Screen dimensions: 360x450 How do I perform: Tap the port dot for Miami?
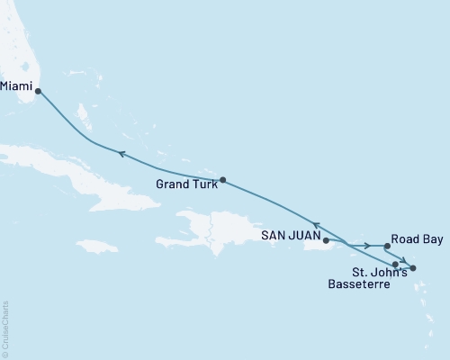click(x=38, y=89)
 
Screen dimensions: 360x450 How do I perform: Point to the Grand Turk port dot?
click(x=222, y=179)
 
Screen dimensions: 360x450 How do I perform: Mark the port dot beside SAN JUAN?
click(x=326, y=240)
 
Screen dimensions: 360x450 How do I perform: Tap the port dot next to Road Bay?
click(x=386, y=246)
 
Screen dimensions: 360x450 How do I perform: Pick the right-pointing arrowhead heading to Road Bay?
click(x=366, y=246)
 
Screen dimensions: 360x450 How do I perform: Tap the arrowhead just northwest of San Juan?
click(x=315, y=224)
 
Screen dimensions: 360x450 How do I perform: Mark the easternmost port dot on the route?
click(x=413, y=268)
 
